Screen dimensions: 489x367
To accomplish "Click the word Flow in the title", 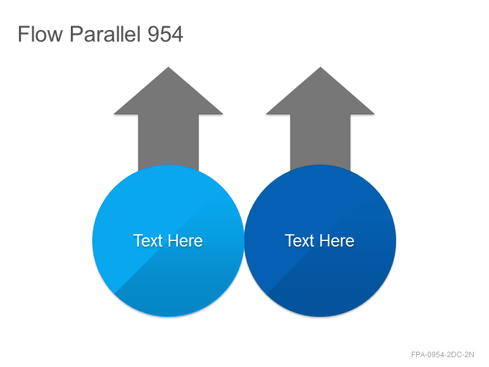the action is point(40,34).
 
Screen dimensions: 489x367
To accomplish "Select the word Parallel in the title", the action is point(105,34).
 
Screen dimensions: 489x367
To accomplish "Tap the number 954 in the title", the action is point(165,34).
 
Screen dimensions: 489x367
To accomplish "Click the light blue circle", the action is point(168,240).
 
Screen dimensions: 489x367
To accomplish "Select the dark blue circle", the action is point(320,240).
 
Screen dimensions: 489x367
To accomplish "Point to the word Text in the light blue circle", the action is point(148,240).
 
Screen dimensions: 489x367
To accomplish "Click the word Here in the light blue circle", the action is point(185,240).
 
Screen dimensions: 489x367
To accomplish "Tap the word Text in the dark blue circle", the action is point(300,240).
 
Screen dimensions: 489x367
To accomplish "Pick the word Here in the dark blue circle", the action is point(337,240).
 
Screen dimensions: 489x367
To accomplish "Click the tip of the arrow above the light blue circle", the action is point(169,67).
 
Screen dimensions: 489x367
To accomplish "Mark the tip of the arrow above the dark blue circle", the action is point(320,67).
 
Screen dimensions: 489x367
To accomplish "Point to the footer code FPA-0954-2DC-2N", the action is point(443,355).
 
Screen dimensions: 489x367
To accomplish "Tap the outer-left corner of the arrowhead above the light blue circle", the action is point(114,114).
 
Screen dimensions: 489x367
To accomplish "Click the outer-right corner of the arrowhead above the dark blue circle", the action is point(374,114).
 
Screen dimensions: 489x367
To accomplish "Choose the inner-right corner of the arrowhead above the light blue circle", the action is point(199,114).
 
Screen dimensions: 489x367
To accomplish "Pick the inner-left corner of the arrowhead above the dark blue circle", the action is point(290,114).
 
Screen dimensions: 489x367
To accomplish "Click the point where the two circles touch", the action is point(244,240).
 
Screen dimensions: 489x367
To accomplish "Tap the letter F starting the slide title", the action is point(23,34).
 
